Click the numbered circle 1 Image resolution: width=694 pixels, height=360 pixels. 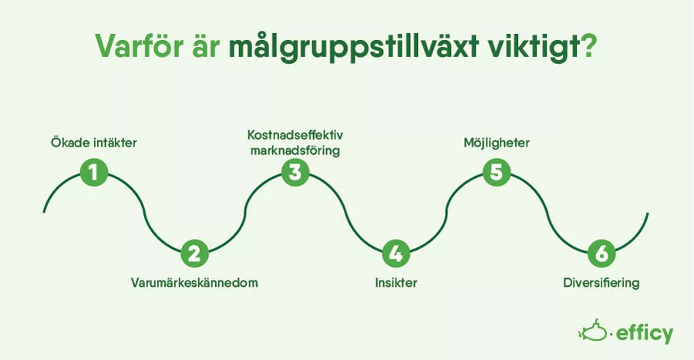(x=94, y=172)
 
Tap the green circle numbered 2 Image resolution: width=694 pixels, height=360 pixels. (x=194, y=254)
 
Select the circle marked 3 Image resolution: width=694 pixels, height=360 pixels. (x=295, y=172)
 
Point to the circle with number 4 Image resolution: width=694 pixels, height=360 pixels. (x=396, y=254)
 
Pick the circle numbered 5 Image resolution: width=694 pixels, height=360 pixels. (x=497, y=172)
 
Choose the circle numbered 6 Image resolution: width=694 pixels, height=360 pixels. (x=601, y=254)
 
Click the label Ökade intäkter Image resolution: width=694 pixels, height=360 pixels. (x=94, y=143)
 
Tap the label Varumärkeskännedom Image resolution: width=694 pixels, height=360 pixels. (x=194, y=282)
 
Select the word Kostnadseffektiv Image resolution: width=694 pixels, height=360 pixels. (x=295, y=134)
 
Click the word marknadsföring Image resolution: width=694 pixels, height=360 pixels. (x=295, y=151)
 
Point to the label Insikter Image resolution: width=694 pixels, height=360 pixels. (x=396, y=282)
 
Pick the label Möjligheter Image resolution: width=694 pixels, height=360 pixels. (x=497, y=143)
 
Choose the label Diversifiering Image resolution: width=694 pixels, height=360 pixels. (x=601, y=283)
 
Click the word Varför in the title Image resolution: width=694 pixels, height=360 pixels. (x=140, y=45)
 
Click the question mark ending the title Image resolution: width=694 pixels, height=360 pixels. (x=588, y=45)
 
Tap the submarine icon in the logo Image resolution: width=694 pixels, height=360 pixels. (x=593, y=331)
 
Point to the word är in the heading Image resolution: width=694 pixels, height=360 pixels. (x=206, y=45)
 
